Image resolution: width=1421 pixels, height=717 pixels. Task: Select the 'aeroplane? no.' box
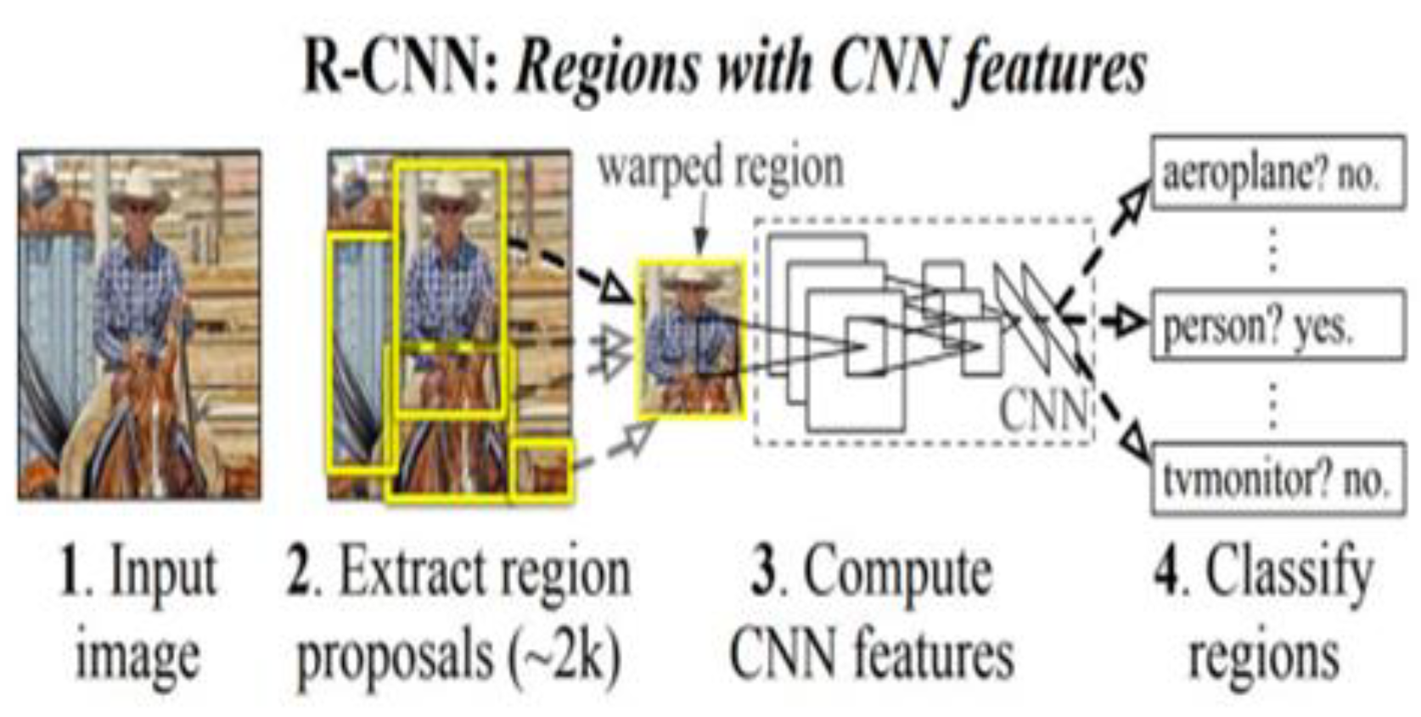click(1277, 173)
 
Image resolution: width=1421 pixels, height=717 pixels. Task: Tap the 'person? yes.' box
click(1277, 325)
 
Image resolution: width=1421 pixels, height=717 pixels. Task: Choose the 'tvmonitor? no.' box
click(1277, 479)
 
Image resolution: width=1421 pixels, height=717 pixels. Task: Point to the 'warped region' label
click(721, 168)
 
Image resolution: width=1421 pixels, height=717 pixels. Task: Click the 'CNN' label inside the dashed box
click(1042, 410)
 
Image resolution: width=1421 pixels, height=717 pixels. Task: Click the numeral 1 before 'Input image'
click(70, 571)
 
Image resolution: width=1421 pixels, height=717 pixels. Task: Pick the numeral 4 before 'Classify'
click(1168, 571)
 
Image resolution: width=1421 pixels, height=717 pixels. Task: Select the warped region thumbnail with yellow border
click(691, 339)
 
